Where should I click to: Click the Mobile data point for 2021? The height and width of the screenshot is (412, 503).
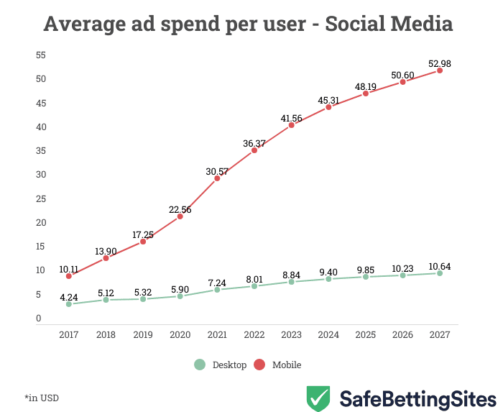[x=217, y=178]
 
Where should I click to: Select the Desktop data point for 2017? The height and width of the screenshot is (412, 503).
[x=69, y=304]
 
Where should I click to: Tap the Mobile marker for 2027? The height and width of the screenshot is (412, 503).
[x=440, y=70]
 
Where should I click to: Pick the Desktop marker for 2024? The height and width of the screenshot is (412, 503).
[x=328, y=279]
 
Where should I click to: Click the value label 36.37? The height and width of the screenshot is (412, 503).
[x=254, y=144]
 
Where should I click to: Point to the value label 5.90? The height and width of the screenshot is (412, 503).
[x=180, y=288]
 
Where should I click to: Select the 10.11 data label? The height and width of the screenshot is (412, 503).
[x=69, y=270]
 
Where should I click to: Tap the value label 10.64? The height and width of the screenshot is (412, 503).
[x=440, y=266]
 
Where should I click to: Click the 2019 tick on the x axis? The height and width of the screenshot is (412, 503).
[x=143, y=335]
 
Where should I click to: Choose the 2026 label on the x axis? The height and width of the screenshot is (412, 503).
[x=402, y=335]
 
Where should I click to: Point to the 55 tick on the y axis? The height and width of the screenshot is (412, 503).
[x=41, y=55]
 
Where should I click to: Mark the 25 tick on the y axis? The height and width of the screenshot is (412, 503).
[x=41, y=198]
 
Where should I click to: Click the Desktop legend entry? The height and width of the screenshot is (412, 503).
[x=229, y=365]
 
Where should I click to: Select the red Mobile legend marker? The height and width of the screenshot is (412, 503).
[x=260, y=365]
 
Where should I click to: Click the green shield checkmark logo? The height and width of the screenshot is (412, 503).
[x=318, y=398]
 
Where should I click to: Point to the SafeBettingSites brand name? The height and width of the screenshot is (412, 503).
[x=417, y=398]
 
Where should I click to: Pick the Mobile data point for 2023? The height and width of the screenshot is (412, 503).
[x=291, y=125]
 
